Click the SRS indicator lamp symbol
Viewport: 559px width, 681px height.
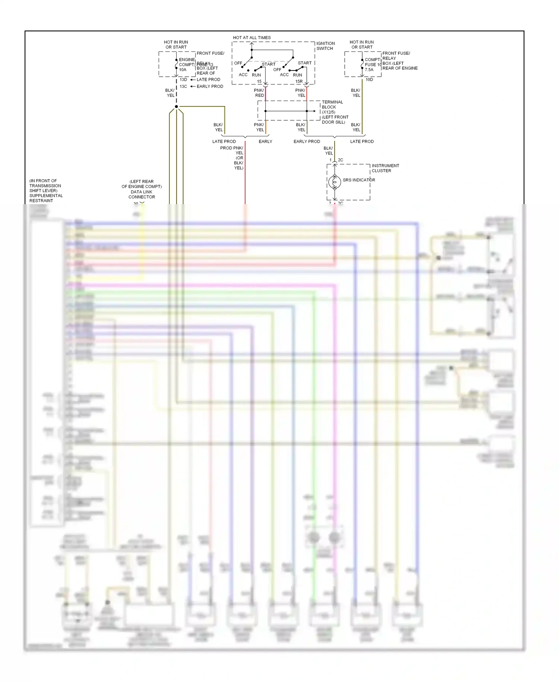335,182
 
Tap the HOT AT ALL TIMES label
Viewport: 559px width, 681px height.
252,38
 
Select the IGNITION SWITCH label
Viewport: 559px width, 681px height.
325,46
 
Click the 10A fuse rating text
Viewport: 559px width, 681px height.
183,70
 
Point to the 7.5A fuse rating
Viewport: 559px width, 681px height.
369,70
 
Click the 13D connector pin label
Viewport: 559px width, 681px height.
183,80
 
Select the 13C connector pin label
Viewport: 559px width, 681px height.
183,86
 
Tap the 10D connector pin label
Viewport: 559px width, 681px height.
369,80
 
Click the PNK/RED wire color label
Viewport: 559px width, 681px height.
259,93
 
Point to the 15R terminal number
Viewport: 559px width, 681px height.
299,82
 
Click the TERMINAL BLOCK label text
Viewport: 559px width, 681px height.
332,104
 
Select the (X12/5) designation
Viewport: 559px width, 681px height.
328,112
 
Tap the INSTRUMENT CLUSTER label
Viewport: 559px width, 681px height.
385,168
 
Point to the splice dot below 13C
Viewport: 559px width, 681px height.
176,107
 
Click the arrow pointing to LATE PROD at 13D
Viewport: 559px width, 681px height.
193,80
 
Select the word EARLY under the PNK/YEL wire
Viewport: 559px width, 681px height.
265,142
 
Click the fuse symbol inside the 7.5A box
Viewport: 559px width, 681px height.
362,64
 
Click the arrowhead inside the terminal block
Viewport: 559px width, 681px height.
315,111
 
